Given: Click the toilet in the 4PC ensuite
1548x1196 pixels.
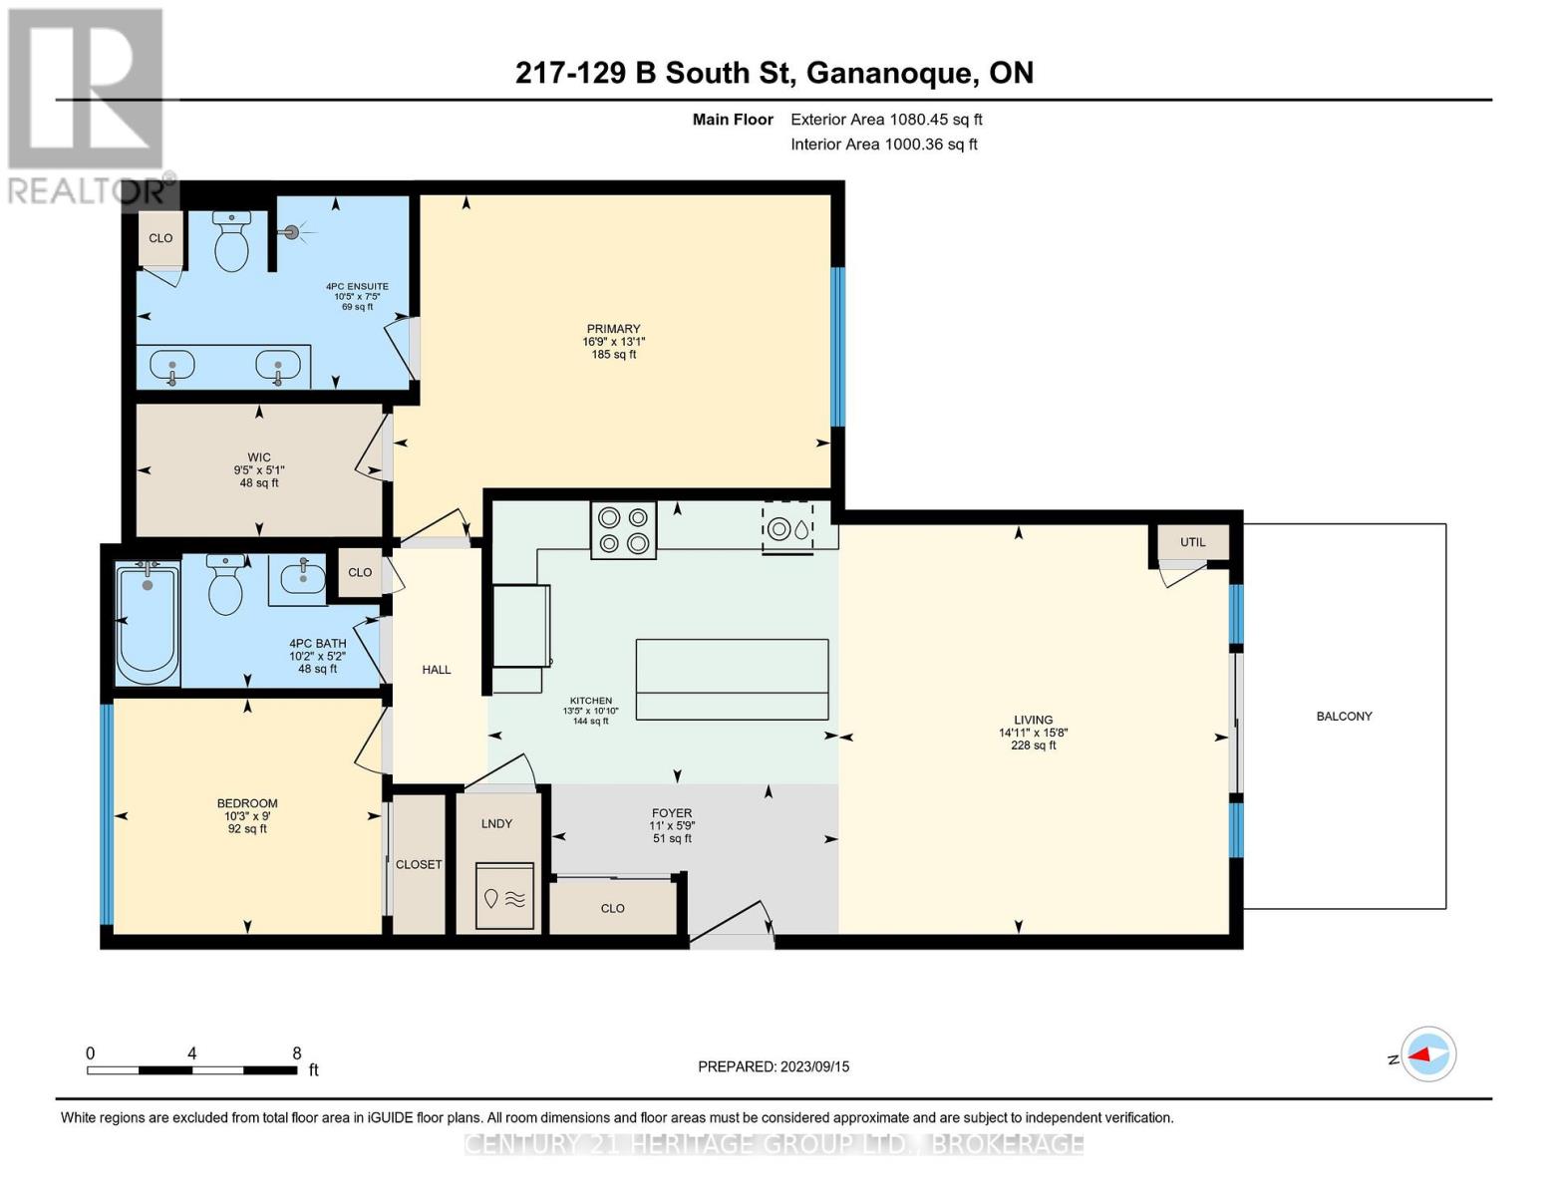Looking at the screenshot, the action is (x=231, y=241).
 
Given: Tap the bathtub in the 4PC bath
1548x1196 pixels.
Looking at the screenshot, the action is (x=148, y=623).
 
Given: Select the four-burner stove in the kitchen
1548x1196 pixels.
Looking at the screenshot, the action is (x=623, y=529).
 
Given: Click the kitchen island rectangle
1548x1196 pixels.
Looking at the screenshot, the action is (x=732, y=679).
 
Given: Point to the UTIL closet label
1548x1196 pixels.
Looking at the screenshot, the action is (x=1192, y=542).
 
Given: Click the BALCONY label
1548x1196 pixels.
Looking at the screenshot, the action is (x=1344, y=716).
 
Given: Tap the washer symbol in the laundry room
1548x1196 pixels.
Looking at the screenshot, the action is (x=504, y=895).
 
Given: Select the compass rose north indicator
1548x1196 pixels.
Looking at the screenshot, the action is (x=1427, y=1054).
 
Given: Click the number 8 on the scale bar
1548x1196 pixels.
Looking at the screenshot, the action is (x=296, y=1052).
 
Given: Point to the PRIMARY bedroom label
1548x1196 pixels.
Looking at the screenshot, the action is (x=613, y=328).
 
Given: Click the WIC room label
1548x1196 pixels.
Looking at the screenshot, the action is (x=258, y=457).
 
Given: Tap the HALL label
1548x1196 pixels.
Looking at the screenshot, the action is (x=436, y=670).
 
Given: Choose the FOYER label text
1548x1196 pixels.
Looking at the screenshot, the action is (x=671, y=812).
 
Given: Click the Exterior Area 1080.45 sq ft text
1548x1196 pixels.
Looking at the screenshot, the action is (x=886, y=120).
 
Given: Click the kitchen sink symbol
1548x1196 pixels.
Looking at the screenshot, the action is (x=787, y=528).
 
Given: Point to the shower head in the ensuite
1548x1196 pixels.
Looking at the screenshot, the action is (x=291, y=231).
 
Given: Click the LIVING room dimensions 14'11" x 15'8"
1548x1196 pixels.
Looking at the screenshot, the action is (x=1033, y=733).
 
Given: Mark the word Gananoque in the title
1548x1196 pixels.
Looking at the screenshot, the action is (x=890, y=74).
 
